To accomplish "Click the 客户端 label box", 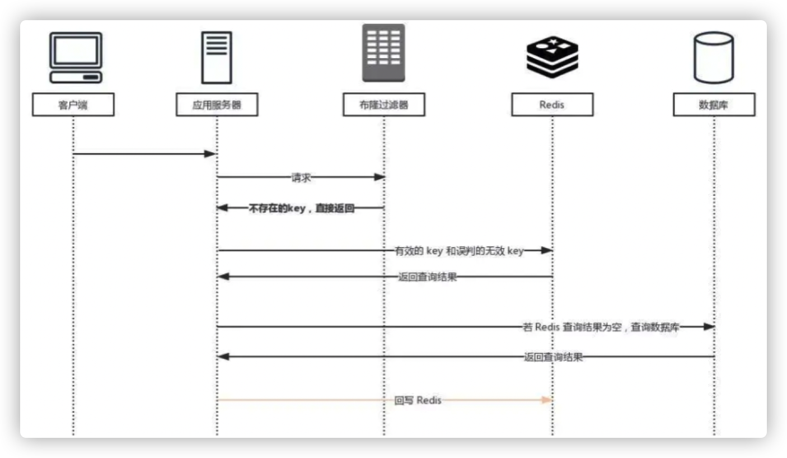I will pyautogui.click(x=73, y=105).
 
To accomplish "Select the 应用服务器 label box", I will pyautogui.click(x=217, y=105).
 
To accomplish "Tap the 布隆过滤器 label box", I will pyautogui.click(x=383, y=105).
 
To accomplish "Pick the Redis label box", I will pyautogui.click(x=552, y=105).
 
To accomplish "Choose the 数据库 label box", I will pyautogui.click(x=714, y=105).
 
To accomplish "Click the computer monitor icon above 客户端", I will pyautogui.click(x=76, y=57).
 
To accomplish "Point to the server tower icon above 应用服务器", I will pyautogui.click(x=217, y=58).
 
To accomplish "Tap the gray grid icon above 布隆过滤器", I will pyautogui.click(x=383, y=53).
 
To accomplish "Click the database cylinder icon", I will pyautogui.click(x=714, y=58).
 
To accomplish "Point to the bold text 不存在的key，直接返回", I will pyautogui.click(x=301, y=208).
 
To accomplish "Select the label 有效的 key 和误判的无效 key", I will pyautogui.click(x=459, y=251).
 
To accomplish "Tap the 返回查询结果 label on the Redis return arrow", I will pyautogui.click(x=427, y=277).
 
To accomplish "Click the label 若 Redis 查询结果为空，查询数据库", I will pyautogui.click(x=601, y=328).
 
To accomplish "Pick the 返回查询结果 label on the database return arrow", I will pyautogui.click(x=553, y=357).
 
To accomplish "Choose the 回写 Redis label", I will pyautogui.click(x=418, y=400).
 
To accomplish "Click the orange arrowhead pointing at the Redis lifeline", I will pyautogui.click(x=547, y=400).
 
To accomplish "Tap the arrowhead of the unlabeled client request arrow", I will pyautogui.click(x=210, y=154).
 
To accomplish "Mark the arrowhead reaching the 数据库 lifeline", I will pyautogui.click(x=709, y=326).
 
